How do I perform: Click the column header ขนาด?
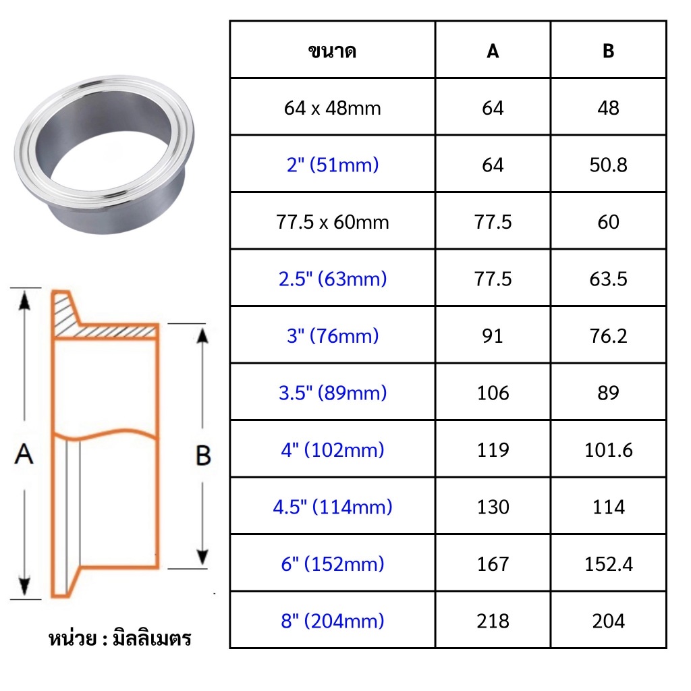pos(332,51)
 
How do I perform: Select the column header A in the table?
pos(493,51)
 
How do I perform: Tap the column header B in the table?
pos(608,51)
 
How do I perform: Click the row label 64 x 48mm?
pos(332,108)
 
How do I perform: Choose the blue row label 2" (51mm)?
pos(333,165)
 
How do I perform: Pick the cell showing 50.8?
pos(608,165)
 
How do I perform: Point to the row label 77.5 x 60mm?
pos(333,221)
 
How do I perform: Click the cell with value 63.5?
pos(608,279)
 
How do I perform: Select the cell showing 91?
pos(493,336)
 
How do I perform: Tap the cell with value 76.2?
pos(608,336)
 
